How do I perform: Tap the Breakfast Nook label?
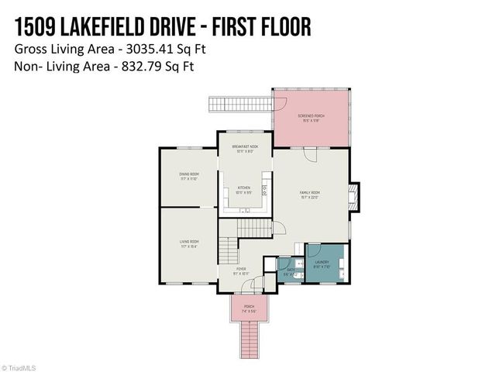click(245, 149)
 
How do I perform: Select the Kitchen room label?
click(243, 190)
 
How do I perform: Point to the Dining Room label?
click(188, 177)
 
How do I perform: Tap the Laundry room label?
click(322, 263)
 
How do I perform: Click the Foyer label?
click(242, 271)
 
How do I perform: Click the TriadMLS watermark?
click(19, 367)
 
